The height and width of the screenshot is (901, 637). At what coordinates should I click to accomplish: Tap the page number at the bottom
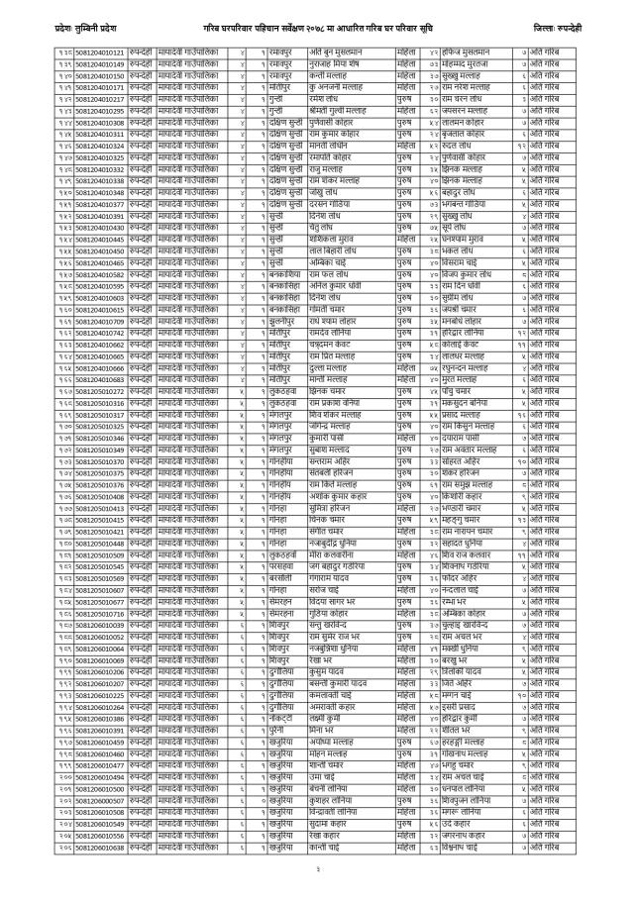[318, 864]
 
